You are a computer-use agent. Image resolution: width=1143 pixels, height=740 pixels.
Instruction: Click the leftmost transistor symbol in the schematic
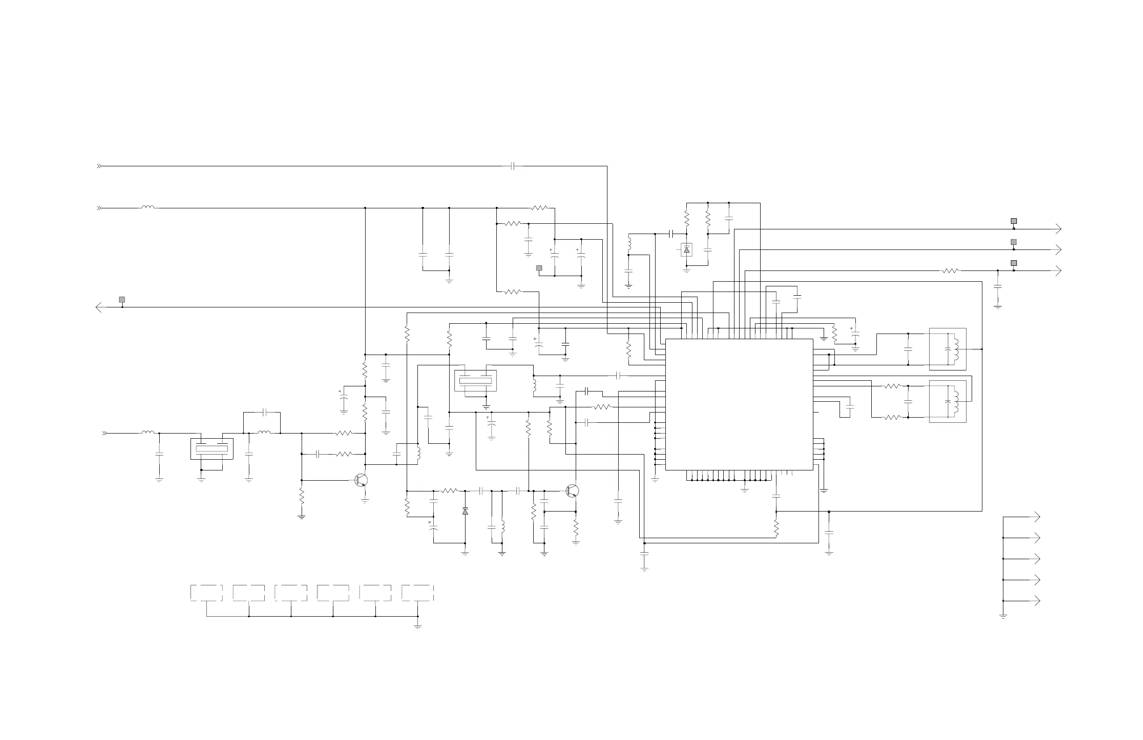click(x=361, y=480)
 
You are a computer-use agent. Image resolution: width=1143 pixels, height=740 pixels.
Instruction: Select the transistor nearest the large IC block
click(x=572, y=491)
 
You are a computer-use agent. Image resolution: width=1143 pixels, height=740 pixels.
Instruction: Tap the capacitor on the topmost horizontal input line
click(x=513, y=166)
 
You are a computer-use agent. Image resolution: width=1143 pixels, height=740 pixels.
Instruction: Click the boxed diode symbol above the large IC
click(x=687, y=250)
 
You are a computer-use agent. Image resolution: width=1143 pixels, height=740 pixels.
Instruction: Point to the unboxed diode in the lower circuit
click(x=465, y=511)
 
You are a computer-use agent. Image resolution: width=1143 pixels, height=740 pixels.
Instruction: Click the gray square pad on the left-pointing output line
click(x=122, y=300)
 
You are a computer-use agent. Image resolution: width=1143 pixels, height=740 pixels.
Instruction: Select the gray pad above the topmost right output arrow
click(x=1014, y=221)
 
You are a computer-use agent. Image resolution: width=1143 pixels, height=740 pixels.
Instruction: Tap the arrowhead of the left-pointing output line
click(x=99, y=307)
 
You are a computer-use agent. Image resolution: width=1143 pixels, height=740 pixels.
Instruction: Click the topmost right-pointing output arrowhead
click(x=1058, y=229)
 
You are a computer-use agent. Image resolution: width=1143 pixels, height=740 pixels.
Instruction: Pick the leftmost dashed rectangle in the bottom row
click(x=206, y=592)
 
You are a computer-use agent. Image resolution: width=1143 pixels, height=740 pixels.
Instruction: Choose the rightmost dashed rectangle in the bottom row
click(x=417, y=592)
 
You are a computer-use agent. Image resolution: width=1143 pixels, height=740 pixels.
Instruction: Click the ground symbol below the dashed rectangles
click(x=417, y=626)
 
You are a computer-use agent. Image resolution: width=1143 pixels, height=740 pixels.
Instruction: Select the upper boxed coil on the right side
click(x=947, y=349)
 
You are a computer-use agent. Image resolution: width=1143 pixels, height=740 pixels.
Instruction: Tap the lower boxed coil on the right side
click(x=947, y=402)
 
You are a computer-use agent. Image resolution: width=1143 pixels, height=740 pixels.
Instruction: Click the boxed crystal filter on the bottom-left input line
click(x=212, y=449)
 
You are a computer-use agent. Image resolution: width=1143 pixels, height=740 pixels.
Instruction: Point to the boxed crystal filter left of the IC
click(x=475, y=381)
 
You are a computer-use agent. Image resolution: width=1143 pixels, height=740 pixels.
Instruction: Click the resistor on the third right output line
click(x=951, y=271)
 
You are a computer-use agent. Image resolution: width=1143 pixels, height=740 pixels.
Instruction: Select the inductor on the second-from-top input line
click(x=148, y=208)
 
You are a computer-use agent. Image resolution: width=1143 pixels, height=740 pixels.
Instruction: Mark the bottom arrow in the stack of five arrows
click(x=1037, y=601)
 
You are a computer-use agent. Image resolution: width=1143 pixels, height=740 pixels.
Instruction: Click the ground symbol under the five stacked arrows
click(x=1003, y=616)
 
